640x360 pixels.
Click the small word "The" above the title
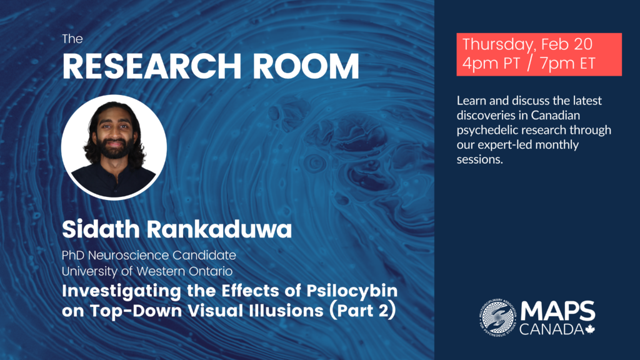click(x=72, y=39)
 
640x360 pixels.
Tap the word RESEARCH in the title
click(x=152, y=66)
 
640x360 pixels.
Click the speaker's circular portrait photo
click(x=114, y=147)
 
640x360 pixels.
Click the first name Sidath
click(x=101, y=229)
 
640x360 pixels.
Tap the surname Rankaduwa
click(x=219, y=229)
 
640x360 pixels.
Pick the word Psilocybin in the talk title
click(x=352, y=291)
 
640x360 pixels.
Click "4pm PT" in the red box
click(x=491, y=63)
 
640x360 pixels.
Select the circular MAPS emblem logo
click(x=497, y=317)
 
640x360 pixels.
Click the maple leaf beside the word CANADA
click(x=590, y=329)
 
